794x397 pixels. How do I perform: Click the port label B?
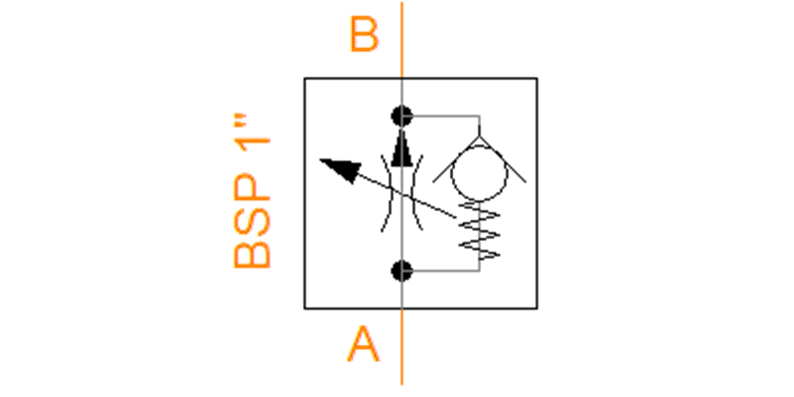[x=364, y=34]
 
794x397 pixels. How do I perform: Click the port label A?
[x=363, y=344]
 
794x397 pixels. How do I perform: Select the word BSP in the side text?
[x=252, y=220]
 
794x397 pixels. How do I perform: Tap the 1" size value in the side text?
[x=252, y=132]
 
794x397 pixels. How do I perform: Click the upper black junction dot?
[x=402, y=116]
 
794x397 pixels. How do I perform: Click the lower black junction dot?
[x=402, y=271]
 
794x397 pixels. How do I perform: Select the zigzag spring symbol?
[x=479, y=230]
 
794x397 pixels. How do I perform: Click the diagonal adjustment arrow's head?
[x=341, y=170]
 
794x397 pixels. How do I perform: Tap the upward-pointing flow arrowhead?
[x=402, y=148]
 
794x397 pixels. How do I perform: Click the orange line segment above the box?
[x=402, y=40]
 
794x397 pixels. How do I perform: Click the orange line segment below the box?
[x=402, y=347]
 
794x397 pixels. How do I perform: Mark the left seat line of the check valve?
[x=456, y=159]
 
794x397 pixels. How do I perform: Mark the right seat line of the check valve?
[x=503, y=159]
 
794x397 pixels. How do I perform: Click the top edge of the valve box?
[x=421, y=78]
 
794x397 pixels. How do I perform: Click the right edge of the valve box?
[x=537, y=193]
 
